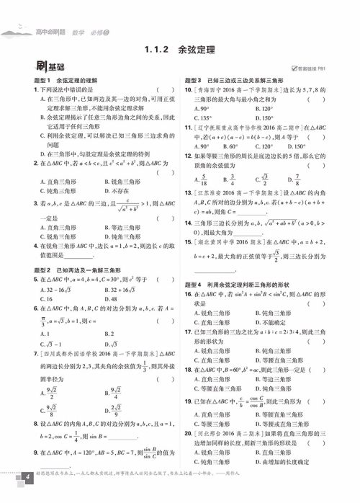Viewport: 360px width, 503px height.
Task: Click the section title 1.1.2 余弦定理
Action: coord(179,50)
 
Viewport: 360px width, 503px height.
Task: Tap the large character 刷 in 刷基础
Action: coord(27,68)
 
